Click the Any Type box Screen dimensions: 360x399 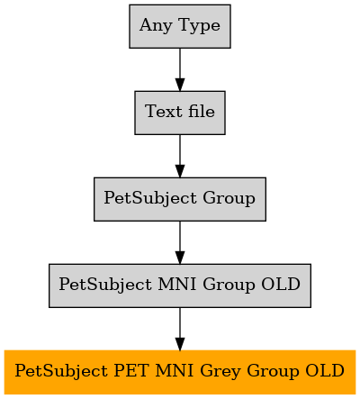pyautogui.click(x=180, y=26)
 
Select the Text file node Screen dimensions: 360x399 pyautogui.click(x=180, y=113)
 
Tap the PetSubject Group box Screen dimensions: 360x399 pyautogui.click(x=180, y=199)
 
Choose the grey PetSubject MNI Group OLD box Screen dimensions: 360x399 pyautogui.click(x=180, y=286)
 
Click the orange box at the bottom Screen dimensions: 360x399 pyautogui.click(x=180, y=372)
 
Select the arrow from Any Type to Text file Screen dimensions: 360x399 pyautogui.click(x=180, y=69)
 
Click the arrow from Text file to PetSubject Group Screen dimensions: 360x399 pyautogui.click(x=180, y=156)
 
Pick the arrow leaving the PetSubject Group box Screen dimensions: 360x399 pyautogui.click(x=180, y=242)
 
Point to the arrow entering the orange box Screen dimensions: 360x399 pyautogui.click(x=180, y=329)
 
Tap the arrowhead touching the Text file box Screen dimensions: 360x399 pyautogui.click(x=180, y=85)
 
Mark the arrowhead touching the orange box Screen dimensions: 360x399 pyautogui.click(x=180, y=344)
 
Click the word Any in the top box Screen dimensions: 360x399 pyautogui.click(x=156, y=26)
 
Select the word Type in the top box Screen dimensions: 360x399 pyautogui.click(x=200, y=26)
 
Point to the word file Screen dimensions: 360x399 pyautogui.click(x=202, y=111)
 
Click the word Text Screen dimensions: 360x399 pyautogui.click(x=164, y=111)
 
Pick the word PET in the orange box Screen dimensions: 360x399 pyautogui.click(x=131, y=370)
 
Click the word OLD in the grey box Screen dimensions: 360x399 pyautogui.click(x=281, y=284)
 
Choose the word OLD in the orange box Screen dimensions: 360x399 pyautogui.click(x=325, y=370)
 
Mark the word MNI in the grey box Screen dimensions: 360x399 pyautogui.click(x=177, y=284)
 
